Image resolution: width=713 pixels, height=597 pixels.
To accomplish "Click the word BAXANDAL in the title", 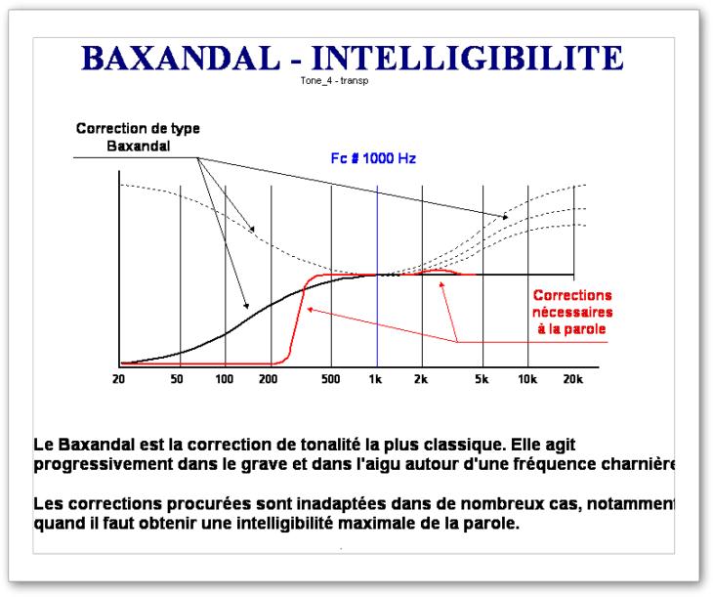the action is pos(181,58).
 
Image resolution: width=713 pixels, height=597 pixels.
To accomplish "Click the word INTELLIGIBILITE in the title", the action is pos(468,58).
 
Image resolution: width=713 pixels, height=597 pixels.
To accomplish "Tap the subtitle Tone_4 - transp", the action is pos(334,81).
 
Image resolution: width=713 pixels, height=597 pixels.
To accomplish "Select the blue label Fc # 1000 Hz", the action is pos(373,158).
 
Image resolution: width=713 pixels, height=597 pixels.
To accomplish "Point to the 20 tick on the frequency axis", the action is pos(119,379).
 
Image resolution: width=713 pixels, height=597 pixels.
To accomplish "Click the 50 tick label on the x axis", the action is pos(177,379).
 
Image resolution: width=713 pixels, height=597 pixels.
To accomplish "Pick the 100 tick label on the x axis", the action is pos(225,379).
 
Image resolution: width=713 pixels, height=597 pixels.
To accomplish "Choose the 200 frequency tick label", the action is pos(269,379).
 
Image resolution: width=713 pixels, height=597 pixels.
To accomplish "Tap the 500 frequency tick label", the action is pos(330,379).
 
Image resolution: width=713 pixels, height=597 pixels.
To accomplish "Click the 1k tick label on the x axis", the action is pos(375,379).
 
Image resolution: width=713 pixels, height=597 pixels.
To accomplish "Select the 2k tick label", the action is pos(421,379).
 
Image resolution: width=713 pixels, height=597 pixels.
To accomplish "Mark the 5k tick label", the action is pos(482,379).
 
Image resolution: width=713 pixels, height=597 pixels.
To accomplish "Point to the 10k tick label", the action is pos(527,379).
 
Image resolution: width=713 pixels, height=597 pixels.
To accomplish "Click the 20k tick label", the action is pos(573,379).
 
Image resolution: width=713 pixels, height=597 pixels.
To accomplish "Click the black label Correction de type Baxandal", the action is pos(139,137).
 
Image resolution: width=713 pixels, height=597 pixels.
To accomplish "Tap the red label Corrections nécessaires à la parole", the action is pos(572,312).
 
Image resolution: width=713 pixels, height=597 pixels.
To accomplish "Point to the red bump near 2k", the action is pos(438,272).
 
